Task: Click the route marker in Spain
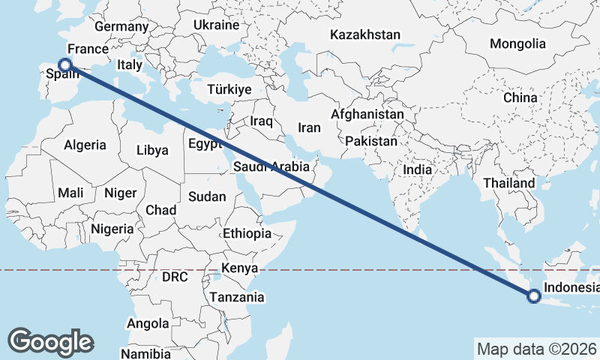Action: coord(65,65)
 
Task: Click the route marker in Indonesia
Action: coord(533,296)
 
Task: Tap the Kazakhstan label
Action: coord(365,34)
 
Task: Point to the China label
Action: coord(520,97)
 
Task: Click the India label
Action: coord(417,169)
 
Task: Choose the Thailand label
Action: coord(508,183)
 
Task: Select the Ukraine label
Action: coord(216,25)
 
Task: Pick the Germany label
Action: coord(122,26)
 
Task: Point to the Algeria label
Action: coord(85,145)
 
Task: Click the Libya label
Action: coord(152,150)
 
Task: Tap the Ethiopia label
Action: coord(247,233)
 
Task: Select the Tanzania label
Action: coord(237,297)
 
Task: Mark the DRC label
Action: coord(175,277)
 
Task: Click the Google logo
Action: coord(50,341)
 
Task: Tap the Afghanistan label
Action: coord(367,115)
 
